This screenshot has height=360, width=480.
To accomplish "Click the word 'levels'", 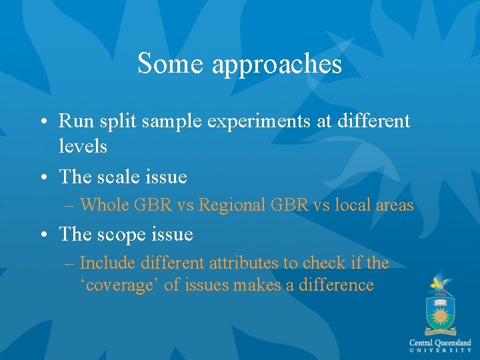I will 83,146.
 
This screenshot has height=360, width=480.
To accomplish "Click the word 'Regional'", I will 230,205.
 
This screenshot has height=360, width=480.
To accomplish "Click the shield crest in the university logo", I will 440,312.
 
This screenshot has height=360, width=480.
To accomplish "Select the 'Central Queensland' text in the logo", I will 440,343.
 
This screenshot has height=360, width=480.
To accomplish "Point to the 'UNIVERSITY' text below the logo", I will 440,351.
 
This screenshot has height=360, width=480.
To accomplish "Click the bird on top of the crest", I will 439,283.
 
